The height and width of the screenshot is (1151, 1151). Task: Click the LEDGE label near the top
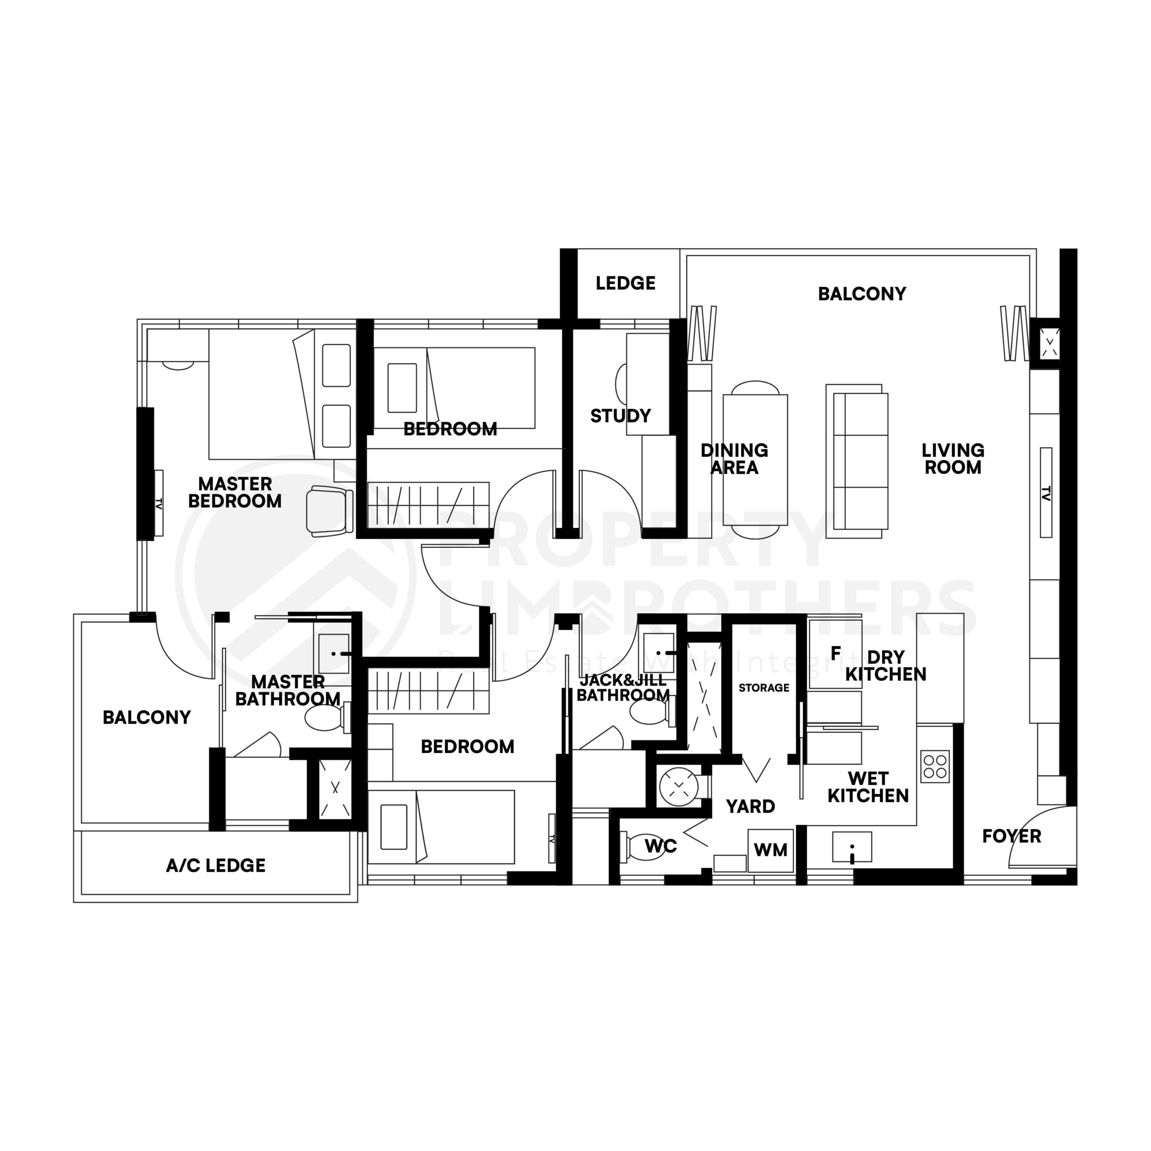point(625,283)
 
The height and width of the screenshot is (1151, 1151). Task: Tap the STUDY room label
point(620,415)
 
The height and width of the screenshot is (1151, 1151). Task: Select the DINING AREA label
point(734,459)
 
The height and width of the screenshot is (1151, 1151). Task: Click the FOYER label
point(1012,836)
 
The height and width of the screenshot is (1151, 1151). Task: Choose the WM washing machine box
point(770,850)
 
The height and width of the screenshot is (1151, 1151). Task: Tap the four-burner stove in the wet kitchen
point(935,766)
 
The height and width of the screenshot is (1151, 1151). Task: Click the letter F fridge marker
point(835,654)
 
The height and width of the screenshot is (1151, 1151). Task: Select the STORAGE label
point(764,687)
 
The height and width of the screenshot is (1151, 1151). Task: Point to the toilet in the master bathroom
point(325,718)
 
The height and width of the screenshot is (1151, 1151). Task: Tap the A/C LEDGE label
point(216,865)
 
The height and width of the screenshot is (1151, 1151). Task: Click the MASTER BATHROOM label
point(288,690)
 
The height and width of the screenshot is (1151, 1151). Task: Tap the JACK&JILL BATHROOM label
point(623,687)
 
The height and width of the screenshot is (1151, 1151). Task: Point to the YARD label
point(750,806)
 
